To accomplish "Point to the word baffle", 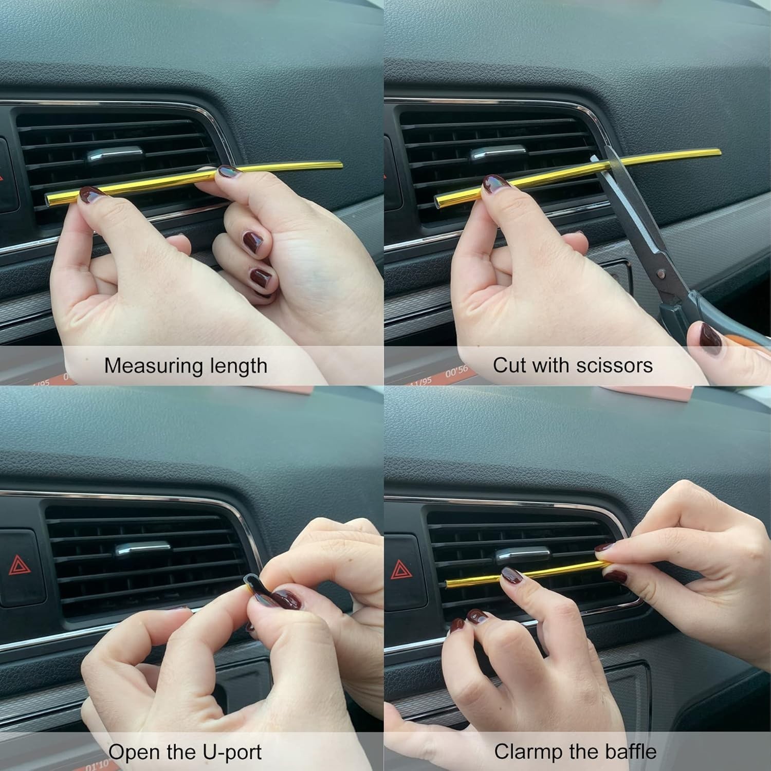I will pyautogui.click(x=631, y=751).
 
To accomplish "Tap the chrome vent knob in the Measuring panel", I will pyautogui.click(x=114, y=154).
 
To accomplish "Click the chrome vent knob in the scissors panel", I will pyautogui.click(x=498, y=153).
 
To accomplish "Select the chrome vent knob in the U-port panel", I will pyautogui.click(x=142, y=549).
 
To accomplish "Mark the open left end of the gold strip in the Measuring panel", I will pyautogui.click(x=50, y=198).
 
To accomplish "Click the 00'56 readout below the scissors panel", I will pyautogui.click(x=456, y=371).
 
